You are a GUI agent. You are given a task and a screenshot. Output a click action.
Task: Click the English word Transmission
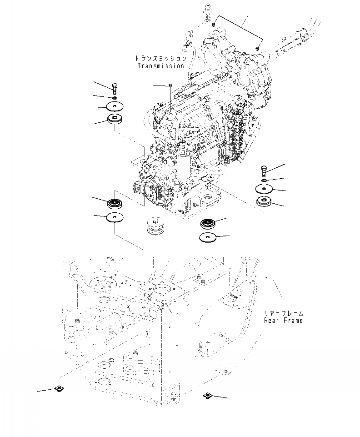[161, 66]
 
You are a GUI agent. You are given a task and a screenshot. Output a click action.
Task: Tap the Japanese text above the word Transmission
[161, 59]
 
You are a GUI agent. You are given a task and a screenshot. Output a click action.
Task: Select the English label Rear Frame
[284, 320]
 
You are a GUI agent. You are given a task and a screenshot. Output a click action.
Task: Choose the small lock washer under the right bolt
[265, 181]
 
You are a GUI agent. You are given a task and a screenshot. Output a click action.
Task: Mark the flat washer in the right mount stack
[264, 189]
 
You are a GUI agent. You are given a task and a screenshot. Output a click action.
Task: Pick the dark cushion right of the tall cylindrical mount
[209, 224]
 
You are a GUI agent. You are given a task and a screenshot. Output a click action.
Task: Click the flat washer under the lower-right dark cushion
[208, 237]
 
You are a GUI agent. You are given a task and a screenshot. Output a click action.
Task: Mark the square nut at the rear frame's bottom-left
[59, 388]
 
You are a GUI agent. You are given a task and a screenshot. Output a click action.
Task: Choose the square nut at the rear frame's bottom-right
[207, 395]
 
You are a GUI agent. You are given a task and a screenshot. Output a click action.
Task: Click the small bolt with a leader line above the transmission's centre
[169, 85]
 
